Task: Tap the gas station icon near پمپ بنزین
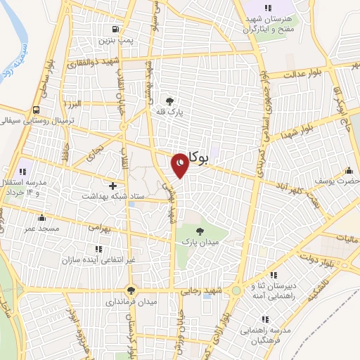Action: coord(113,30)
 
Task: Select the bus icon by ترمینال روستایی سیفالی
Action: coord(35,110)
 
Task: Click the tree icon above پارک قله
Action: coord(168,101)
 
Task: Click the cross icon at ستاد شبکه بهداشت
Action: coord(112,186)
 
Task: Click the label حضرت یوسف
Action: coord(339,181)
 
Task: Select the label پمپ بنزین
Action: coord(115,43)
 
